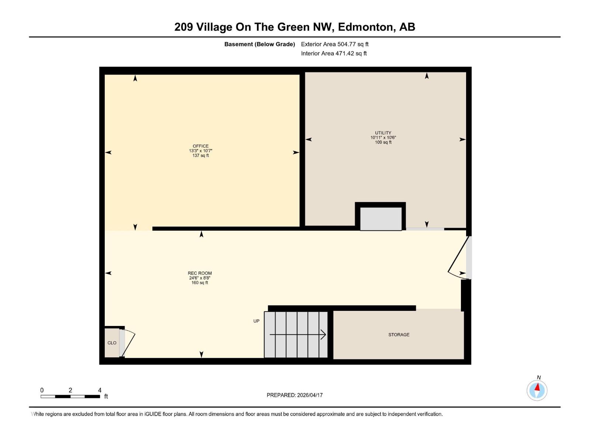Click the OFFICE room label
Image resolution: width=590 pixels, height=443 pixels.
[x=201, y=146]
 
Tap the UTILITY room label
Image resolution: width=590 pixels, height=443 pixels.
[x=383, y=133]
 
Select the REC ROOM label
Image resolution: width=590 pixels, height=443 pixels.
[x=199, y=273]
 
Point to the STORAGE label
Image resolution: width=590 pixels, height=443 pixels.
[x=399, y=335]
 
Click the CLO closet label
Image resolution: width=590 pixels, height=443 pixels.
[x=112, y=343]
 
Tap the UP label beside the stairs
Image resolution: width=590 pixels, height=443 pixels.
[x=256, y=321]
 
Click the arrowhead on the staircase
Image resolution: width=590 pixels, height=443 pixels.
[x=323, y=335]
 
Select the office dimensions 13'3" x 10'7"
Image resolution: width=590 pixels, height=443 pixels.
[x=201, y=151]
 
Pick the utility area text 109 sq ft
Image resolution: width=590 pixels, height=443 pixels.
[x=383, y=142]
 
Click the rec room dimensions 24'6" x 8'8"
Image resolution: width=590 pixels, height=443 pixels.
[x=199, y=278]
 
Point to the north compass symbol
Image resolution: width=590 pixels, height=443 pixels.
[x=537, y=390]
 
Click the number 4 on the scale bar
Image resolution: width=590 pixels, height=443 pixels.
[x=100, y=390]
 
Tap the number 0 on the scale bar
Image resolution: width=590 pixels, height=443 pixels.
[x=42, y=390]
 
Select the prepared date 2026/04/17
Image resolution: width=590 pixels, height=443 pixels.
[x=310, y=395]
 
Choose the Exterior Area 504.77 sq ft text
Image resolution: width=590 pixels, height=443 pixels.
[x=334, y=44]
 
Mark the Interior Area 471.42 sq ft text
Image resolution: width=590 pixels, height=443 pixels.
[x=334, y=54]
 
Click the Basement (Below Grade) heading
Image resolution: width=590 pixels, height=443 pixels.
[x=260, y=44]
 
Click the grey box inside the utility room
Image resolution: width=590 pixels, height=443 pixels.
[x=381, y=219]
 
